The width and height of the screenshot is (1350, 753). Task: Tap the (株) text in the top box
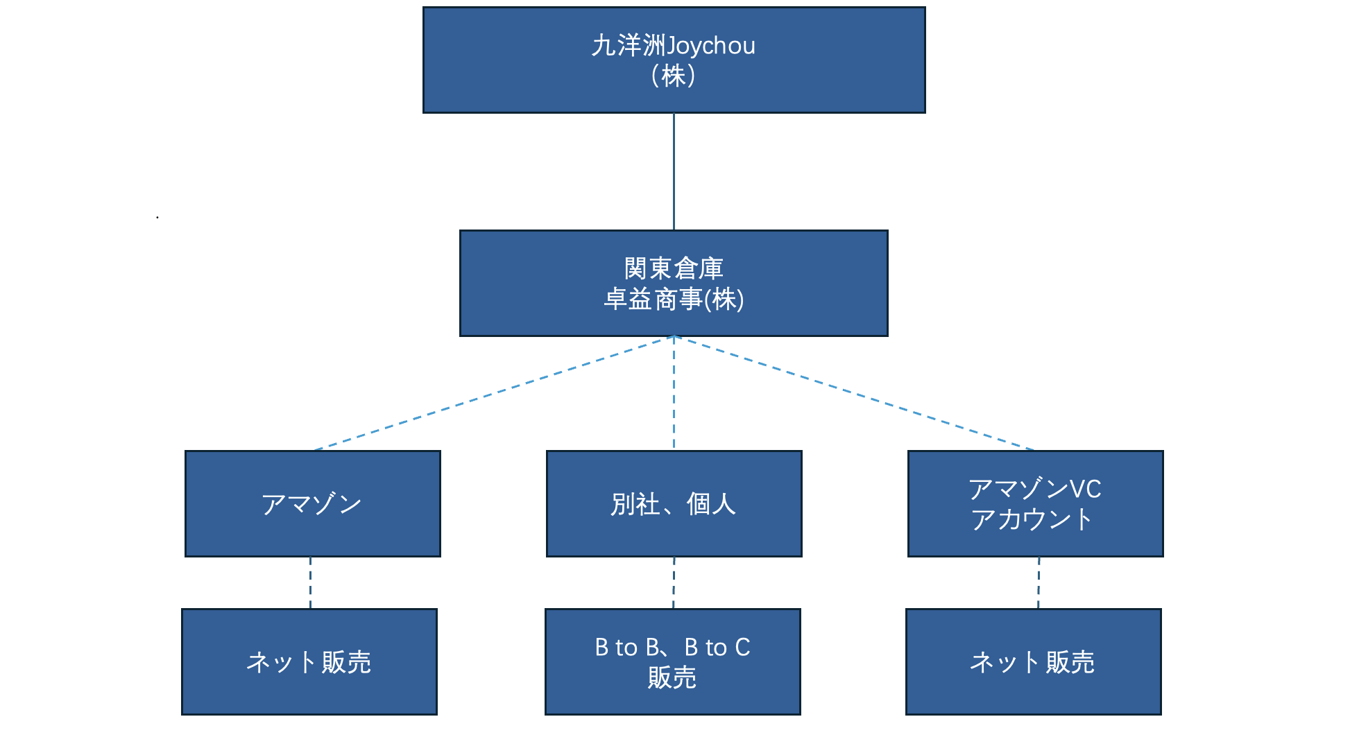click(x=673, y=76)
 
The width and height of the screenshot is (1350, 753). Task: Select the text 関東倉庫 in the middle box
click(x=674, y=268)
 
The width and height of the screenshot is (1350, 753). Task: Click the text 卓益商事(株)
click(x=674, y=300)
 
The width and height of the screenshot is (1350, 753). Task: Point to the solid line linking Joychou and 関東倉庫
click(x=674, y=171)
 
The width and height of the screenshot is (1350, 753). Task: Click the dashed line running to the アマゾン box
click(x=493, y=393)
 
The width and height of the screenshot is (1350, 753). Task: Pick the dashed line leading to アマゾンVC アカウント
click(x=854, y=393)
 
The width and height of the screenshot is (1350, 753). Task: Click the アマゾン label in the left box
click(x=311, y=504)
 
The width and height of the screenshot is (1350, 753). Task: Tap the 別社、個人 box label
click(x=673, y=504)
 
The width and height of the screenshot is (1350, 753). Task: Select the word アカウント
click(x=1032, y=520)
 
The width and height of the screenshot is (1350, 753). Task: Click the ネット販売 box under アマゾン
click(x=309, y=661)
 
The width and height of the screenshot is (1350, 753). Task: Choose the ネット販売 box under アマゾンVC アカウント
click(x=1033, y=661)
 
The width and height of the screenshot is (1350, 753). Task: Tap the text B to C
click(x=717, y=648)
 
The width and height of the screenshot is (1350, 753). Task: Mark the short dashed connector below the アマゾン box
click(x=310, y=582)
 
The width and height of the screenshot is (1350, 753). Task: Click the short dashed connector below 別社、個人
click(x=674, y=582)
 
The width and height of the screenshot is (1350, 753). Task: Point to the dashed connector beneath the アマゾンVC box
click(x=1039, y=582)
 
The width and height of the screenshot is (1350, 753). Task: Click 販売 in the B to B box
click(x=672, y=677)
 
